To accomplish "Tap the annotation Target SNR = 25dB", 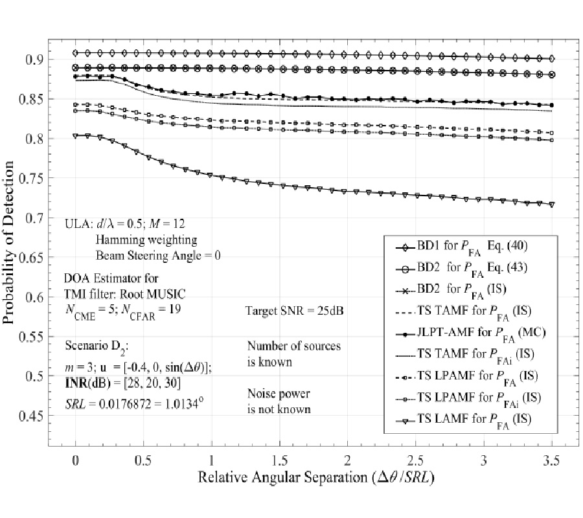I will (295, 310).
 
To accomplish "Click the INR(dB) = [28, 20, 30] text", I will (122, 383).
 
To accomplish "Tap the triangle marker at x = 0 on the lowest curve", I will (76, 135).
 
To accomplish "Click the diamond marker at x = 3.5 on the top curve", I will (552, 58).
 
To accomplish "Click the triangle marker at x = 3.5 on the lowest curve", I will (552, 204).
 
